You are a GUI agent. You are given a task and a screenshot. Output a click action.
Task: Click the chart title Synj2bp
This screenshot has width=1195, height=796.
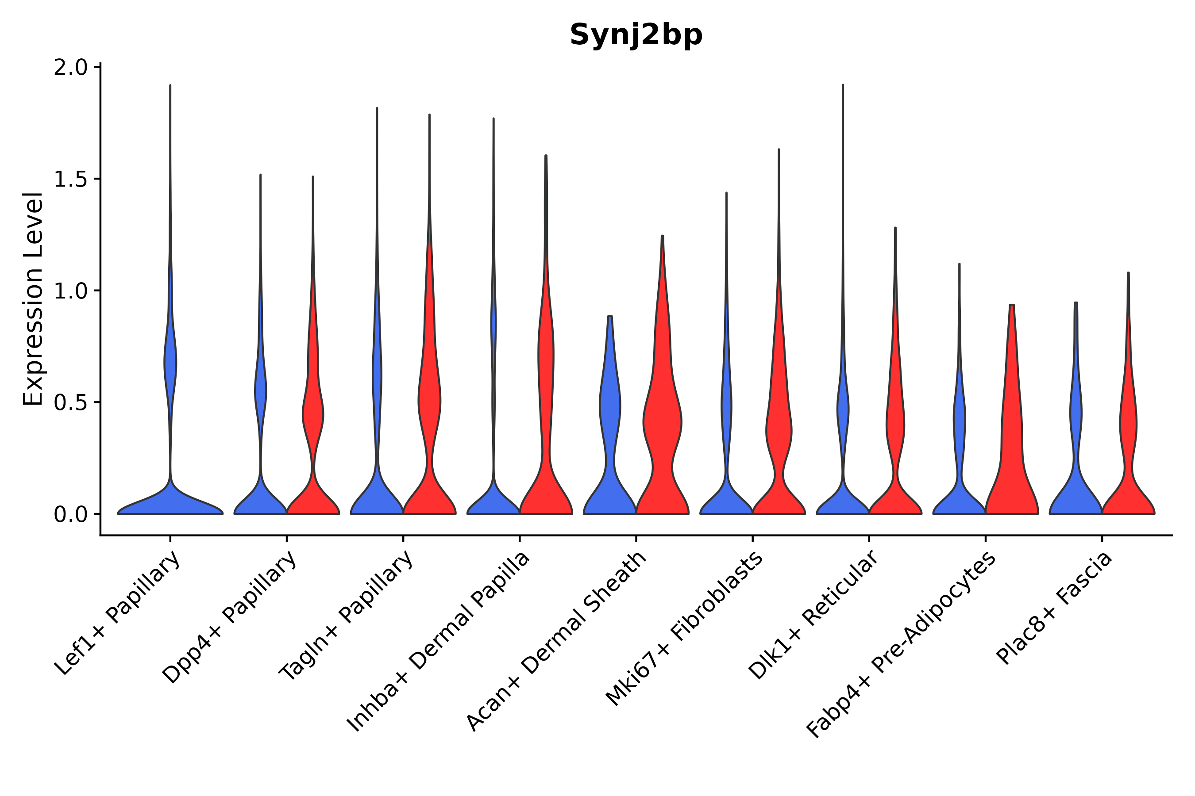click(x=636, y=35)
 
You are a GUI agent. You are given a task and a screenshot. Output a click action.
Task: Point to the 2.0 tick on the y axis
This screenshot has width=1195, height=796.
click(x=70, y=68)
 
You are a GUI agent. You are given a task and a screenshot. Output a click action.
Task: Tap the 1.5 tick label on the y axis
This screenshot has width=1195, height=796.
click(x=70, y=180)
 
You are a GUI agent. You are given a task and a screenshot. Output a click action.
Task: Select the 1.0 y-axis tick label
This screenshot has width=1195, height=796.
click(x=70, y=291)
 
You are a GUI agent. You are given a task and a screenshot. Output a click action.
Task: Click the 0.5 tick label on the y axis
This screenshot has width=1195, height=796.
click(x=70, y=403)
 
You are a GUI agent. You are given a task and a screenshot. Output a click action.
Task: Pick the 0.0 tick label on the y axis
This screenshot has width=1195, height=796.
click(x=70, y=515)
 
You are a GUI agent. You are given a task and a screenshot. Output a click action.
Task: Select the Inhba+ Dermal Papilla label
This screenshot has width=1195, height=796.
click(x=439, y=642)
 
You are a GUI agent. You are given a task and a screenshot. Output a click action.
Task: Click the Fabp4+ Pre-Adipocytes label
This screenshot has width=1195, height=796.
click(x=900, y=645)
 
